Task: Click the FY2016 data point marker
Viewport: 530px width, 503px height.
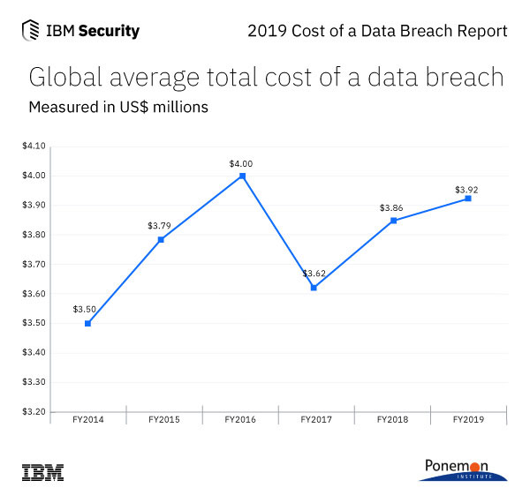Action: click(242, 176)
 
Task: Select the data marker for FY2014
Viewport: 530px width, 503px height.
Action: click(87, 323)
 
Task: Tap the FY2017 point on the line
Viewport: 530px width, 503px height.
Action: click(314, 288)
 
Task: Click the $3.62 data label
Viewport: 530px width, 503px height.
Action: click(314, 274)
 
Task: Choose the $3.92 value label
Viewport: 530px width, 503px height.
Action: click(466, 189)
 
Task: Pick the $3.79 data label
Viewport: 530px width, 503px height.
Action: click(160, 226)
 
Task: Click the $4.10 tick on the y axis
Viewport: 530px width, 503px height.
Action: click(34, 146)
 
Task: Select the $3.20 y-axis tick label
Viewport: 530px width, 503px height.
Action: click(34, 411)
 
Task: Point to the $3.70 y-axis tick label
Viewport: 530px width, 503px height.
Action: click(34, 264)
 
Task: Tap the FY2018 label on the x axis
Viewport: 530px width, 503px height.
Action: click(391, 419)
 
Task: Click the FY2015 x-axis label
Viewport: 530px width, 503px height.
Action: click(163, 419)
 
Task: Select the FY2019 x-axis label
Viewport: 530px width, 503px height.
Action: click(467, 419)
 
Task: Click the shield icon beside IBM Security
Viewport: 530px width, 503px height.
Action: click(30, 31)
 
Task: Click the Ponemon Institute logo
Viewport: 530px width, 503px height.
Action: click(463, 469)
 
